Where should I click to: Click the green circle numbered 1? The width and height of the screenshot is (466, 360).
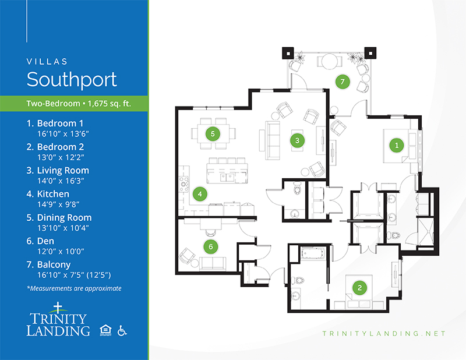coord(397,145)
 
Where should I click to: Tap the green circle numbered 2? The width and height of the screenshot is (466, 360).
coord(359,287)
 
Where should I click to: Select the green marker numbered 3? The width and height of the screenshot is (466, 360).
coord(297,140)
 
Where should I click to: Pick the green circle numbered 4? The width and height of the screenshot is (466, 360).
coord(200,194)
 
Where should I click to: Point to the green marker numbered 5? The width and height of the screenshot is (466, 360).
coord(213,134)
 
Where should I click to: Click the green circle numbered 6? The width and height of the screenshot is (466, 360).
coord(211,246)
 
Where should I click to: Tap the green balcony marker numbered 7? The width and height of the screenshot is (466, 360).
coord(343,82)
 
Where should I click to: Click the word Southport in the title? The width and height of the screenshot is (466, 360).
coord(72,80)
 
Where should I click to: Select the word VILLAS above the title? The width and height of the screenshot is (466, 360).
coord(47,62)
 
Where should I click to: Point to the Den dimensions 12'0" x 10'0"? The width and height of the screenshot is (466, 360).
coord(61,252)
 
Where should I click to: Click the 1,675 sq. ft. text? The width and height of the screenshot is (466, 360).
coord(110,104)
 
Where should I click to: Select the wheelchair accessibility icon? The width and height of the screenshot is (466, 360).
coord(122,330)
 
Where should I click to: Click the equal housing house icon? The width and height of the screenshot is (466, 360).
coord(105,330)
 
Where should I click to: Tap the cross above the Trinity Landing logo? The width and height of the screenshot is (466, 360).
coord(58,308)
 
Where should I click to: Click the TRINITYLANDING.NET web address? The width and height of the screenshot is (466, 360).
coord(384,334)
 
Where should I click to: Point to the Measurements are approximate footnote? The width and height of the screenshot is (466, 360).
coord(74,288)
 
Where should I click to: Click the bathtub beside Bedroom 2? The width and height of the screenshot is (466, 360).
coord(313,253)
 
